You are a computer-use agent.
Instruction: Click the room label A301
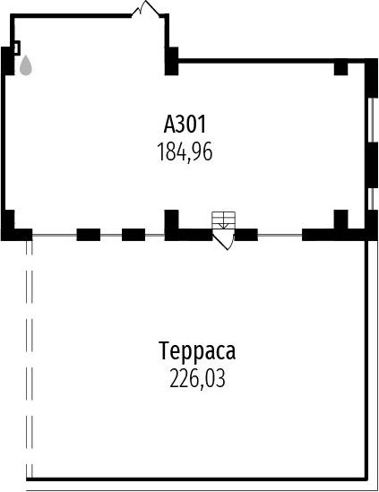185,125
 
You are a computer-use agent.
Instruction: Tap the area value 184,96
185,151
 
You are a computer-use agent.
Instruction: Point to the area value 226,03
197,378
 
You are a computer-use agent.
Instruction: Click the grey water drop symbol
26,65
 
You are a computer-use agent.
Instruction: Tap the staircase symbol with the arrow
224,220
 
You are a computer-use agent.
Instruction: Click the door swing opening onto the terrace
224,239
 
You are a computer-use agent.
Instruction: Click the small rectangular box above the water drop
17,47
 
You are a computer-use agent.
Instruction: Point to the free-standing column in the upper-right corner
340,69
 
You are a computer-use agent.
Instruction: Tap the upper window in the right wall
371,120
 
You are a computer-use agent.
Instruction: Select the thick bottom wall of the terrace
197,479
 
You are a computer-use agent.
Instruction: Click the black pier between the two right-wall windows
373,165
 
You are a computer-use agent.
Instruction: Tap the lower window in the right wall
371,199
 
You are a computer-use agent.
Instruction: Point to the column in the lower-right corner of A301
340,220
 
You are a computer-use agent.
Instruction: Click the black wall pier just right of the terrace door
246,235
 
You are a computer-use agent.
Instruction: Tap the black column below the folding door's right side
172,61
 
